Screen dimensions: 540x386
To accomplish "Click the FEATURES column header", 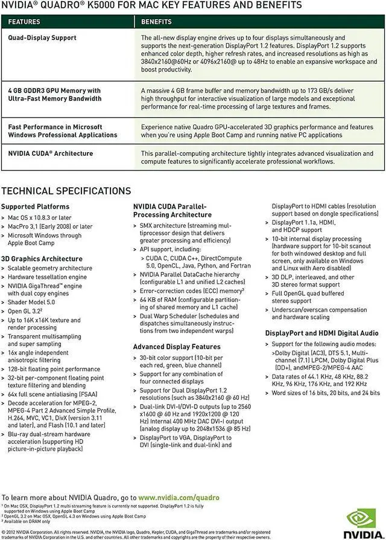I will [24, 22].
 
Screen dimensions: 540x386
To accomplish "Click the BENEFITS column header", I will [156, 22].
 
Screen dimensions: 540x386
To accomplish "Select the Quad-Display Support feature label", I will [42, 38].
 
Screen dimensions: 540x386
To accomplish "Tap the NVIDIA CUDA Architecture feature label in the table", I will [51, 153].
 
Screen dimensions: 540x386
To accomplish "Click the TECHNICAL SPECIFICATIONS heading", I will [66, 191].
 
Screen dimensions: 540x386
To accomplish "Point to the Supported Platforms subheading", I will [35, 207].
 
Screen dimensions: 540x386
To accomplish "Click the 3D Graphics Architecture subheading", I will [42, 259].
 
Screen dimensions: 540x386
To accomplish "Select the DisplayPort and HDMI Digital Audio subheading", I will [322, 333].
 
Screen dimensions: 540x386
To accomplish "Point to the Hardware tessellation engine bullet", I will [47, 277].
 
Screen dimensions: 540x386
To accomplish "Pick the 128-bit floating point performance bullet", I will [54, 369].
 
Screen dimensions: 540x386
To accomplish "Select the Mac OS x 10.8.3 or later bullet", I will [39, 217].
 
